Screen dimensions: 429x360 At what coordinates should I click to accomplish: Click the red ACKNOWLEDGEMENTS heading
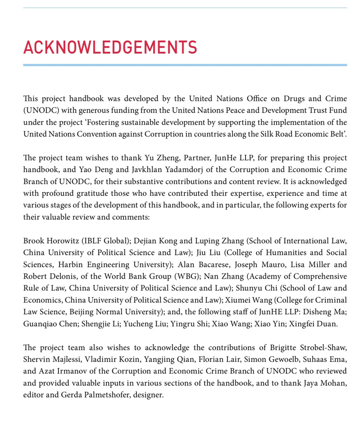pyautogui.click(x=110, y=47)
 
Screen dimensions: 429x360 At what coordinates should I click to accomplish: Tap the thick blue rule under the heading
pyautogui.click(x=185, y=65)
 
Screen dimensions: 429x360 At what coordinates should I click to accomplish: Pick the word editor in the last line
pyautogui.click(x=34, y=394)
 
